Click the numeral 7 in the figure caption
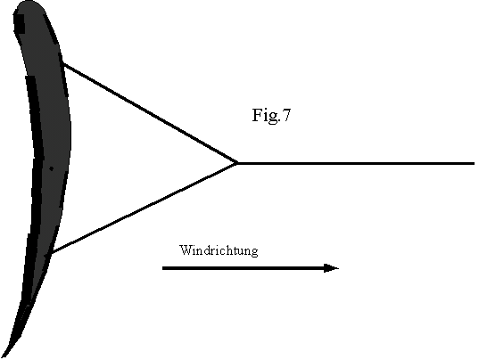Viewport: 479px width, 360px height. click(286, 115)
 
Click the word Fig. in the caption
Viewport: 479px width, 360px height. click(266, 116)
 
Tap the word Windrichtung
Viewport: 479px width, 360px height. click(219, 250)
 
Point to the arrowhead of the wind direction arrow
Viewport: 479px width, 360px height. click(331, 268)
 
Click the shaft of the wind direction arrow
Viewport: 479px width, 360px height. click(244, 268)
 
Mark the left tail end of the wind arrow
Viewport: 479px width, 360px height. click(163, 268)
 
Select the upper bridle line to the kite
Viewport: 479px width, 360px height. click(150, 113)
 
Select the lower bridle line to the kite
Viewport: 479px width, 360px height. click(145, 209)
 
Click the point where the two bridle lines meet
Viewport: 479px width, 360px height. click(237, 164)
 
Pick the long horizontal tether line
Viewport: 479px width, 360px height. click(356, 164)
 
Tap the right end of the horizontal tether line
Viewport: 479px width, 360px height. click(475, 164)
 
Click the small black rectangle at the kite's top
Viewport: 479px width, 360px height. click(20, 24)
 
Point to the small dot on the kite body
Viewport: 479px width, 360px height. click(52, 168)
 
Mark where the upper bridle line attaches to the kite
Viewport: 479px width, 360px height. click(63, 63)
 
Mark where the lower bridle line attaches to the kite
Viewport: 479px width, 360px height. click(52, 253)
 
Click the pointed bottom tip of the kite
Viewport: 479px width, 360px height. click(3, 356)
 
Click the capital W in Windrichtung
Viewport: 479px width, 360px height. click(186, 250)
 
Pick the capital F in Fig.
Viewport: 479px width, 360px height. click(257, 115)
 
